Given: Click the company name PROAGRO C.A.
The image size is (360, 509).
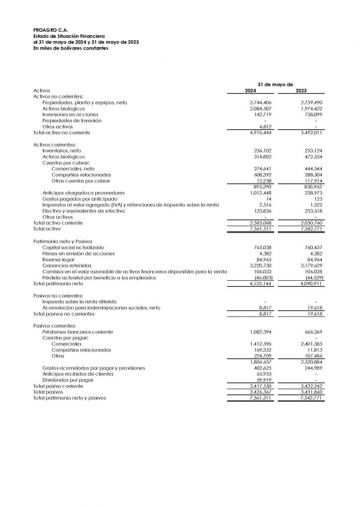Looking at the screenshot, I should tap(47, 30).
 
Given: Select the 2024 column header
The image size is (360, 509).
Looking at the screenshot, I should tap(251, 90).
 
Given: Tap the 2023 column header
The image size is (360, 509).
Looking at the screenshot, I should tap(301, 90).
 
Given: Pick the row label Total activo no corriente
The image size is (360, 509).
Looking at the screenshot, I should tap(62, 133).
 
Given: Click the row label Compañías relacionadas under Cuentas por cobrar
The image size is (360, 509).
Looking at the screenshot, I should tap(81, 175).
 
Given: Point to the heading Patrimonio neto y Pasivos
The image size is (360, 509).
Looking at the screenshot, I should tap(62, 241).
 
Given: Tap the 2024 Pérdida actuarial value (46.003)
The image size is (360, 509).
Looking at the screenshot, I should tap(262, 278).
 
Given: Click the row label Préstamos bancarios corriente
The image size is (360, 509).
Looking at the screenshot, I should tap(78, 332).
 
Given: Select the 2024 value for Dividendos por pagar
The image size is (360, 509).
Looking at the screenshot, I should tap(262, 380).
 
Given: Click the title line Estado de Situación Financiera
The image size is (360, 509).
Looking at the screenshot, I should tap(69, 36).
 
